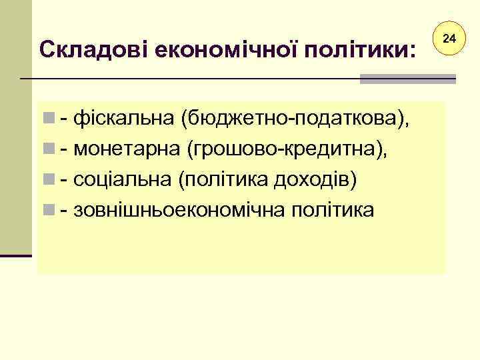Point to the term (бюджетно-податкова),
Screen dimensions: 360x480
pyautogui.click(x=292, y=120)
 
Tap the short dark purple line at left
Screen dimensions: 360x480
pyautogui.click(x=16, y=255)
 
